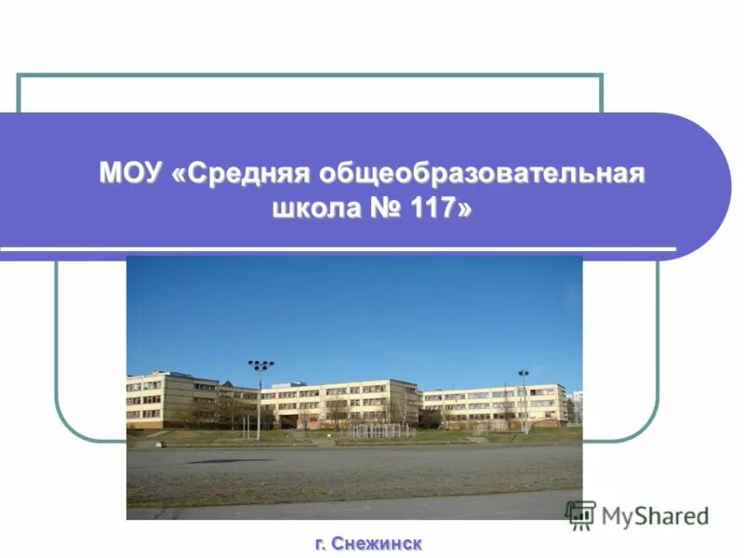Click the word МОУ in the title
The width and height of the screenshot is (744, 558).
pos(132,174)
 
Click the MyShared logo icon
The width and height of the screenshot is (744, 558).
pos(580,514)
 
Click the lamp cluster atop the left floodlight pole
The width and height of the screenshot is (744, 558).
pos(260,365)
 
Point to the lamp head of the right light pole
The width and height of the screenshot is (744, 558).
pos(524,373)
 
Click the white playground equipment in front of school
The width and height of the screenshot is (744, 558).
pos(377,431)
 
